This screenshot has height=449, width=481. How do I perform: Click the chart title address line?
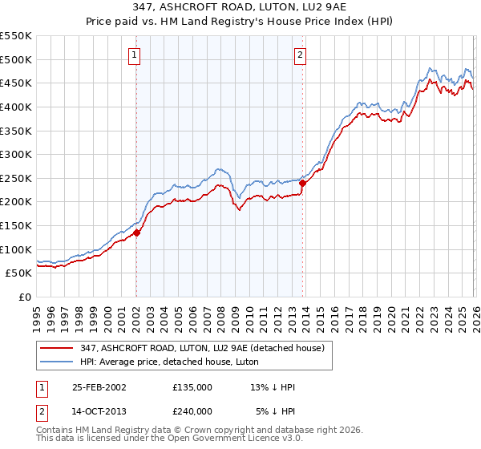[x=240, y=7]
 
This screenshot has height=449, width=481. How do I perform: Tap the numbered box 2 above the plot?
[x=300, y=55]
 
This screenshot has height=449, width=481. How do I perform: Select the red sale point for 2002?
[x=137, y=233]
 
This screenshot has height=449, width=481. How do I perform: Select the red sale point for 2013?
[x=302, y=183]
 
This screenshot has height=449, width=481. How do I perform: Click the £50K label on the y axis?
[x=19, y=273]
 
